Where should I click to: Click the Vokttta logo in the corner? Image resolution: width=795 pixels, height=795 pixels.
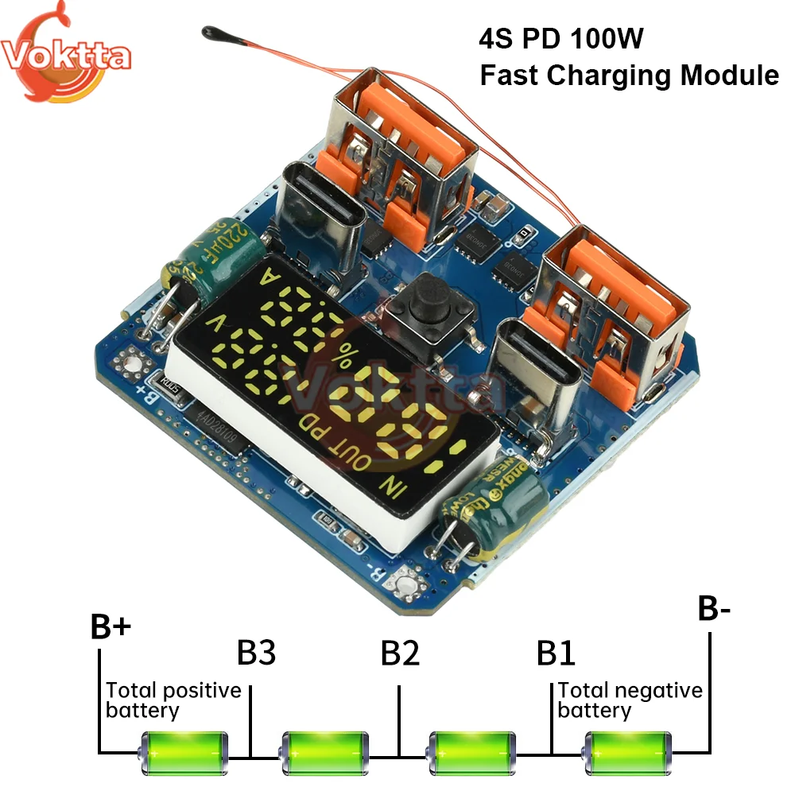(64, 54)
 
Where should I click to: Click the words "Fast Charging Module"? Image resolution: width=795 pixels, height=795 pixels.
(628, 76)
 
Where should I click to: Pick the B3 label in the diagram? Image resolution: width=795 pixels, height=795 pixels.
(257, 653)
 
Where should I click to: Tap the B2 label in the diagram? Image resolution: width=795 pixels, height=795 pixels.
(400, 653)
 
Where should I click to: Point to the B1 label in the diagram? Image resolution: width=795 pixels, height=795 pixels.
(556, 653)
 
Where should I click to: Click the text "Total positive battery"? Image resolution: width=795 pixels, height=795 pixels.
(173, 700)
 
